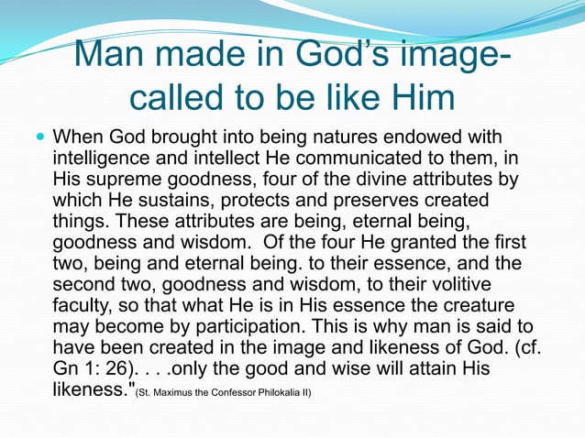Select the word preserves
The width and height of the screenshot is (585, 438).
tap(366, 200)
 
